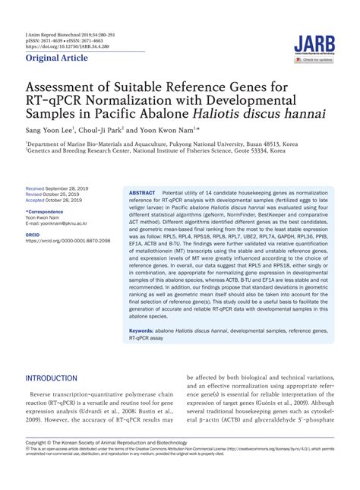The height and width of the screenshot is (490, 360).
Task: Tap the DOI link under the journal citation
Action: point(64,45)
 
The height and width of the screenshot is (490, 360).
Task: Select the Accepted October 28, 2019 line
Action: point(58,199)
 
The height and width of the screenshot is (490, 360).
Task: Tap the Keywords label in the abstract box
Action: point(144,331)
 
